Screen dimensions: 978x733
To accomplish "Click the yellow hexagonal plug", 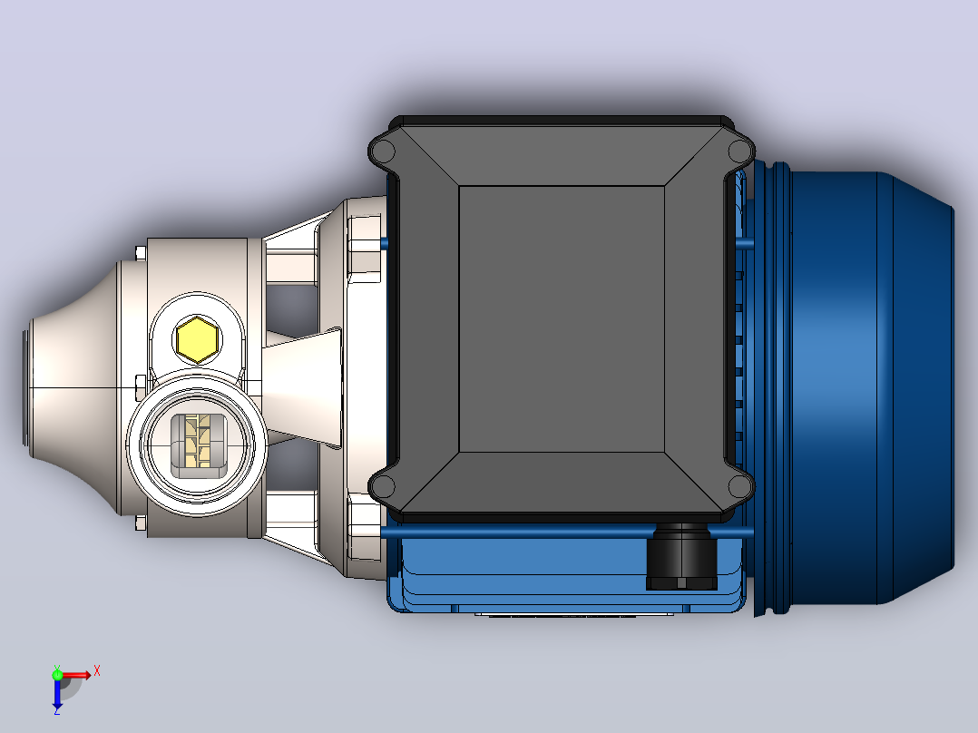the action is pyautogui.click(x=197, y=339).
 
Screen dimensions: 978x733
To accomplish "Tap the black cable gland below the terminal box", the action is pyautogui.click(x=681, y=557).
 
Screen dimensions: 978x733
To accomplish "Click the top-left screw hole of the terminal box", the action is pyautogui.click(x=385, y=151).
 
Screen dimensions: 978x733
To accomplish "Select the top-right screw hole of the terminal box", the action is pyautogui.click(x=738, y=151).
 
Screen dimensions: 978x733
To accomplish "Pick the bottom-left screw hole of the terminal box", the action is pyautogui.click(x=384, y=486).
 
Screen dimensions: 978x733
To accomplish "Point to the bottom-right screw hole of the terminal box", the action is pyautogui.click(x=738, y=486).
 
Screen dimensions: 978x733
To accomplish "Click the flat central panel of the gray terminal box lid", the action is pyautogui.click(x=562, y=318).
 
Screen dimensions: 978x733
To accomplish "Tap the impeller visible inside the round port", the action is pyautogui.click(x=199, y=445).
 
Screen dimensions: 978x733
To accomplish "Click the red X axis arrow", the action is pyautogui.click(x=74, y=675).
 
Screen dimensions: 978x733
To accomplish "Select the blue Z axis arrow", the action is pyautogui.click(x=57, y=692).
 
